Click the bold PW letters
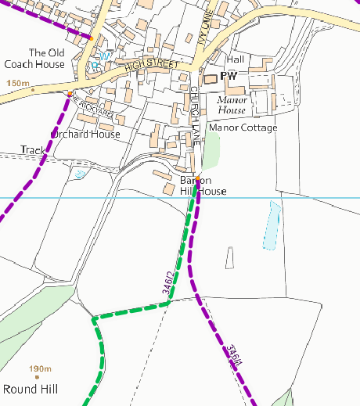[229, 76]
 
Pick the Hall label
[235, 59]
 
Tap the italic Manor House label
[232, 105]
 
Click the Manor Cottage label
[243, 128]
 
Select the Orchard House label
[85, 135]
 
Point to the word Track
[34, 149]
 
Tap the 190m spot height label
[39, 369]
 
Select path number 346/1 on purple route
[231, 357]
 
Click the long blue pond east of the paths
[271, 225]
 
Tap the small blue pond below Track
[78, 174]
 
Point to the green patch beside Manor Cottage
[211, 151]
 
